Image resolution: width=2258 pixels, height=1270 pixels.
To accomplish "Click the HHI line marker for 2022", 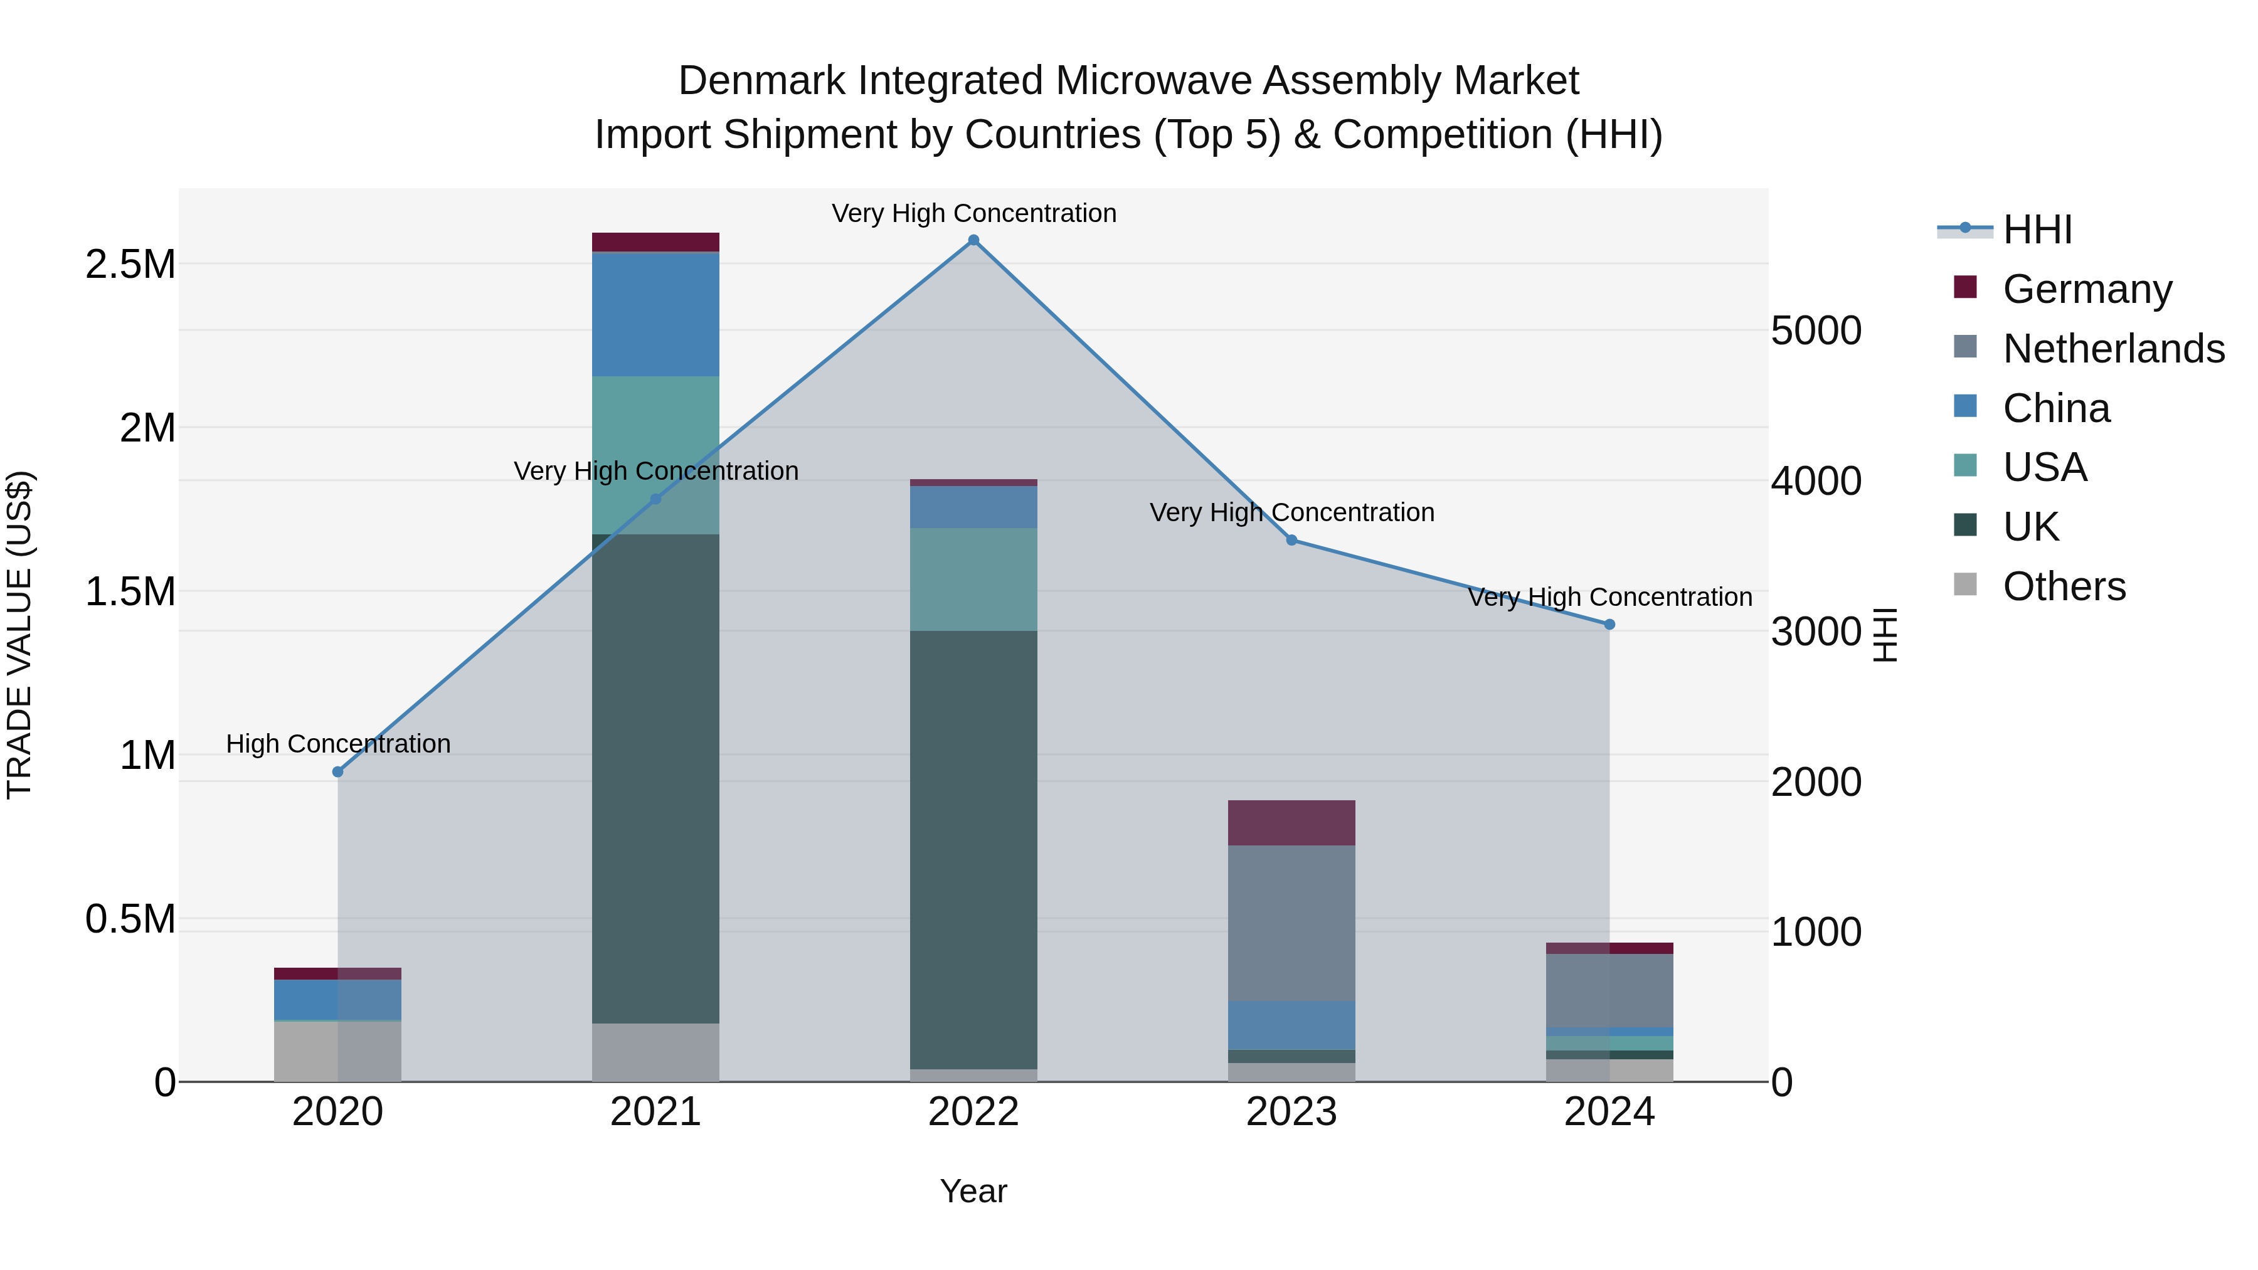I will point(973,240).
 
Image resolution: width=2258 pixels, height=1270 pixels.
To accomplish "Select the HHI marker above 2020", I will point(337,772).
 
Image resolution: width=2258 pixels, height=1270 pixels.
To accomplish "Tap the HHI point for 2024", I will point(1609,625).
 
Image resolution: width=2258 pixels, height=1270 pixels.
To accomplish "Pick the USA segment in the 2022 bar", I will point(973,579).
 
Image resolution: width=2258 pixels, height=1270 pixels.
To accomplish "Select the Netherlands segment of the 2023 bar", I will point(1291,923).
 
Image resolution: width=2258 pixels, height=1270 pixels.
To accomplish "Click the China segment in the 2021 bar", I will point(655,314).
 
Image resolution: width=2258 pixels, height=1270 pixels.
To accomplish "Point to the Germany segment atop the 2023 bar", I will point(1291,822).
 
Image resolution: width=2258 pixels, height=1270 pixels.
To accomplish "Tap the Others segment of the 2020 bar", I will point(337,1051).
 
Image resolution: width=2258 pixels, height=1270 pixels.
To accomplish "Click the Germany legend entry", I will point(2087,289).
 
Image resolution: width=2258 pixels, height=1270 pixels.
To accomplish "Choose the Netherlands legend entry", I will point(2113,349).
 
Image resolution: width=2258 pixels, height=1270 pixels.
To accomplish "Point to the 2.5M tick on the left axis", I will point(130,265).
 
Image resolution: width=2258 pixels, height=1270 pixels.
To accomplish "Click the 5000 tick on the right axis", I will point(1815,331).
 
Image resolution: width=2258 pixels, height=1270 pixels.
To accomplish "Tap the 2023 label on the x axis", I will point(1291,1112).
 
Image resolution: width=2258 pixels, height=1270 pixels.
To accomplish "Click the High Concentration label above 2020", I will point(338,743).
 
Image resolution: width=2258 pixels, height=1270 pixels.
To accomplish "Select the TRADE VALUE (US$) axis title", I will point(19,635).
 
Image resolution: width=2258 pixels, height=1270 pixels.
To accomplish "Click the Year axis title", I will point(973,1191).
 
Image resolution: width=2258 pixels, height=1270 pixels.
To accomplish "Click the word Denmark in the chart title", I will point(761,81).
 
